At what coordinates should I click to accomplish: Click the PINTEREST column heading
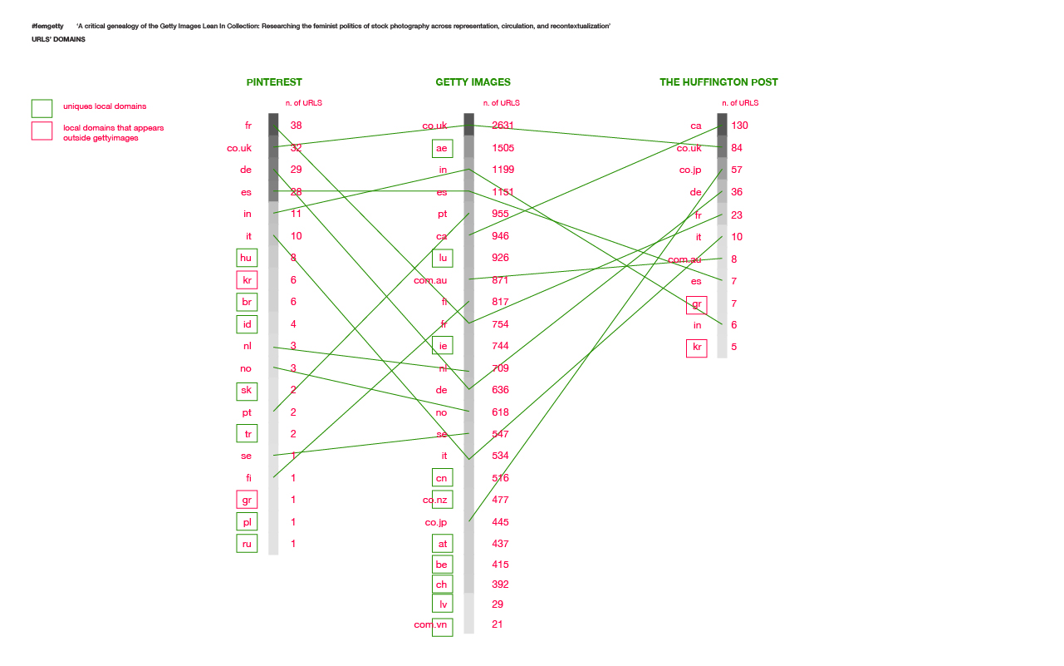click(274, 82)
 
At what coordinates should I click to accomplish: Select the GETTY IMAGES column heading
click(473, 82)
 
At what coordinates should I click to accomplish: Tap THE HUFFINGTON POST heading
click(718, 82)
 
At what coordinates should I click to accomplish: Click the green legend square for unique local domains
click(42, 108)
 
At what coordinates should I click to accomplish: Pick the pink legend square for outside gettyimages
click(42, 131)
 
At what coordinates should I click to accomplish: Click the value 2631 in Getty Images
click(503, 126)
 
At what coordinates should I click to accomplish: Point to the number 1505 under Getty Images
click(503, 148)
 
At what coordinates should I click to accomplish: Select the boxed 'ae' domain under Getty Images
click(443, 148)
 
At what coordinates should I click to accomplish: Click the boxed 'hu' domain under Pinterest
click(247, 258)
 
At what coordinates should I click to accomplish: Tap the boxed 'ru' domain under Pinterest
click(247, 544)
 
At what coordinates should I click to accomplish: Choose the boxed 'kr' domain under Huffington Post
click(697, 348)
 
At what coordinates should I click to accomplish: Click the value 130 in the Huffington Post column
click(740, 126)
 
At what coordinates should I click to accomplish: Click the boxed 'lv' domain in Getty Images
click(443, 604)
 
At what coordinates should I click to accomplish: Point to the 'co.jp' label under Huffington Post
click(690, 170)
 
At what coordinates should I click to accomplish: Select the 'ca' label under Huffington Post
click(696, 126)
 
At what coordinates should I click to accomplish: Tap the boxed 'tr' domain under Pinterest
click(247, 433)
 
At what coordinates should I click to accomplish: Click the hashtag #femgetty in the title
click(47, 27)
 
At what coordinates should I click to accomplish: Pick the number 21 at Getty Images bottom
click(498, 624)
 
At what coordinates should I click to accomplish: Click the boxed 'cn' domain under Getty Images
click(443, 478)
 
